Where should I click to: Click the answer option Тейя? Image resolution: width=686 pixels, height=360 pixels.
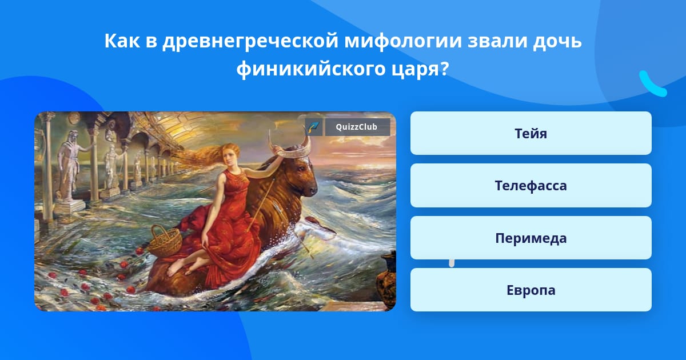(531, 133)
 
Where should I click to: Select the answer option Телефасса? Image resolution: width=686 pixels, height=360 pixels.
(531, 186)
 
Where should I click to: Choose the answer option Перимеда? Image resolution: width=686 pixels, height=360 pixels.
(531, 238)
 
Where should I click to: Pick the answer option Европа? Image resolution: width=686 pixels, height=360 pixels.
(531, 290)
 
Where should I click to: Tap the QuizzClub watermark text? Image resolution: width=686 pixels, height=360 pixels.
(356, 127)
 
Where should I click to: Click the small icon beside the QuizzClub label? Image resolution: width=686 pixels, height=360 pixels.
(314, 127)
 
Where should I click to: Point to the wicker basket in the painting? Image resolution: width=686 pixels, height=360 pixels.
(165, 242)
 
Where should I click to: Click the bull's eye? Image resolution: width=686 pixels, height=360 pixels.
(302, 168)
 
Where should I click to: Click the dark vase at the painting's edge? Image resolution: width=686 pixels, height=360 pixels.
(386, 280)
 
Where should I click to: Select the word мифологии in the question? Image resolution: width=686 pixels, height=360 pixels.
(402, 41)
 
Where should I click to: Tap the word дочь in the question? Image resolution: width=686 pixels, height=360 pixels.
(557, 42)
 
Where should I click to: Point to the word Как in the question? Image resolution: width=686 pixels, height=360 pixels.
(122, 41)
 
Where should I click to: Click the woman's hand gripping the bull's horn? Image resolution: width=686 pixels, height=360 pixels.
(277, 150)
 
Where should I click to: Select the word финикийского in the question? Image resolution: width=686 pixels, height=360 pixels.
(311, 69)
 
